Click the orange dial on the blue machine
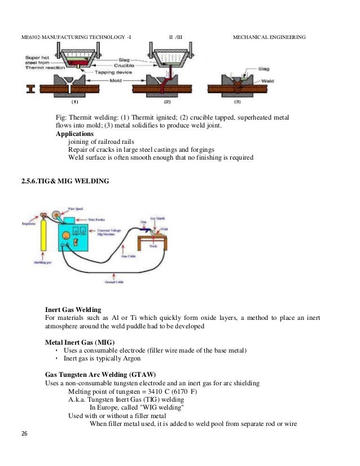coord(73,241)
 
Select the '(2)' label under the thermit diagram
coord(167,103)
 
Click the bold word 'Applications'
coord(75,134)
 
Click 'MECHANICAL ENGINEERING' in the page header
coord(269,38)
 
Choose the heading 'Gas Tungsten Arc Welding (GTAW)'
coord(100,375)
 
